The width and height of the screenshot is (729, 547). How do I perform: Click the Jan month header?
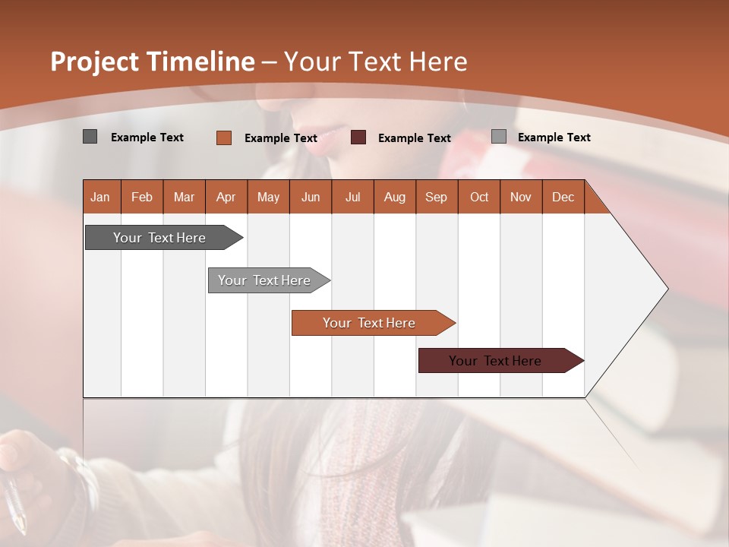tap(100, 197)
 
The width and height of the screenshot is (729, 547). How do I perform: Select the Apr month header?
tap(226, 197)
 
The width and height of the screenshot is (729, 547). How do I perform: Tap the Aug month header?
tap(394, 197)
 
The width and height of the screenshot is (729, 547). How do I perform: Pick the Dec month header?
tap(563, 197)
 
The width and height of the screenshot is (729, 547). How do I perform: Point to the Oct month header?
tap(479, 197)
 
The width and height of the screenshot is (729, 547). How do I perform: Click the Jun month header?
tap(310, 197)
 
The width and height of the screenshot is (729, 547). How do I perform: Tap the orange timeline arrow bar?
tap(370, 323)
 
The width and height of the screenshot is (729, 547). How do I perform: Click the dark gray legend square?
tap(90, 137)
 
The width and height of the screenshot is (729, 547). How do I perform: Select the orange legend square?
tap(223, 138)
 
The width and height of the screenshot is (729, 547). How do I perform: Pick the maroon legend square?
tap(358, 138)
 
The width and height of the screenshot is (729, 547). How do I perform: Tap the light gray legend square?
tap(498, 137)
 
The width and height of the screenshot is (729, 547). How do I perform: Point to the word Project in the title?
tap(96, 62)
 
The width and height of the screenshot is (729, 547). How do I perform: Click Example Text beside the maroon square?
tap(414, 138)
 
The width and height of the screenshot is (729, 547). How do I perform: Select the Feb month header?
tap(141, 197)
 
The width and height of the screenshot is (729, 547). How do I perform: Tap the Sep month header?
tap(436, 197)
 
